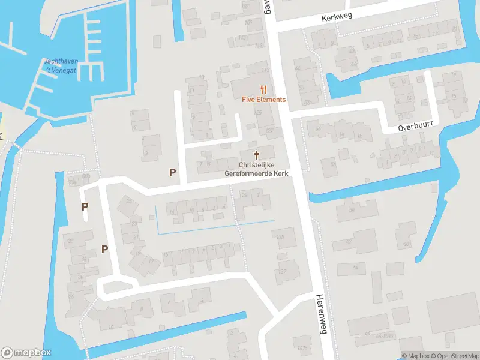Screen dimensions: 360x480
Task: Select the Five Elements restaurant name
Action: [x=263, y=99]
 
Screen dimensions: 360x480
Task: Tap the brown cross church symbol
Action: [x=257, y=155]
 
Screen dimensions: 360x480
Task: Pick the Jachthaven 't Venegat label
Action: [x=60, y=65]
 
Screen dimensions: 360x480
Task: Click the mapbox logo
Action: [x=26, y=352]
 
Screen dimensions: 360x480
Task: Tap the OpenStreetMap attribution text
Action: [x=454, y=355]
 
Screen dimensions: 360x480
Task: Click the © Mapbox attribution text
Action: [x=415, y=355]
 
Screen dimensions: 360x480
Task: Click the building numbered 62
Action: [x=349, y=241]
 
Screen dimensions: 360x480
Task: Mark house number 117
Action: [x=265, y=70]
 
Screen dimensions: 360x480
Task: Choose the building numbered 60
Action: [x=406, y=244]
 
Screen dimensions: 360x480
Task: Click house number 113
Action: [x=259, y=45]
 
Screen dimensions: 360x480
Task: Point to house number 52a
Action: [x=308, y=103]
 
